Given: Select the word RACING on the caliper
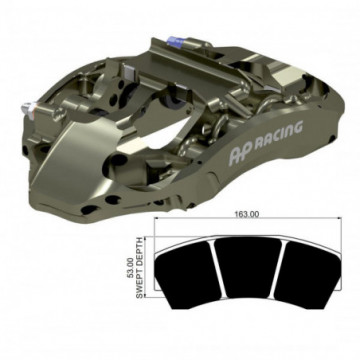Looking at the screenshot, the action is point(279,134).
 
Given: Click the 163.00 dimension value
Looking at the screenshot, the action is point(247,214).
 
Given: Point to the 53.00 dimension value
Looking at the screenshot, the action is point(131,269).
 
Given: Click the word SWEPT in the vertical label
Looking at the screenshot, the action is point(140,284).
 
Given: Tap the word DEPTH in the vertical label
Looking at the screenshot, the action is point(140,252).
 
